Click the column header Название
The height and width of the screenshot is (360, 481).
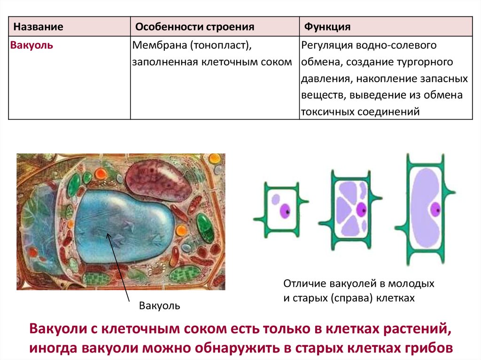pyautogui.click(x=38, y=27)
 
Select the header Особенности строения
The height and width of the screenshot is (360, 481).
pyautogui.click(x=195, y=27)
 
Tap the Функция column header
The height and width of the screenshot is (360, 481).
pyautogui.click(x=327, y=27)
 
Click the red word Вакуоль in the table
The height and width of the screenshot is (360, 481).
pyautogui.click(x=31, y=45)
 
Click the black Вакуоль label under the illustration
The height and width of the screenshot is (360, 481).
pyautogui.click(x=160, y=306)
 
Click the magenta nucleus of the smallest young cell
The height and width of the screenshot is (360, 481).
pyautogui.click(x=285, y=211)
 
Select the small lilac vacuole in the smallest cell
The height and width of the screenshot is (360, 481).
pyautogui.click(x=276, y=199)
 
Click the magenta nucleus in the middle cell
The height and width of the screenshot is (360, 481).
pyautogui.click(x=362, y=210)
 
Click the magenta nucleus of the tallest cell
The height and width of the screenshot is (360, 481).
pyautogui.click(x=435, y=210)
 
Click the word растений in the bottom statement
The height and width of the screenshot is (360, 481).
pyautogui.click(x=417, y=329)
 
